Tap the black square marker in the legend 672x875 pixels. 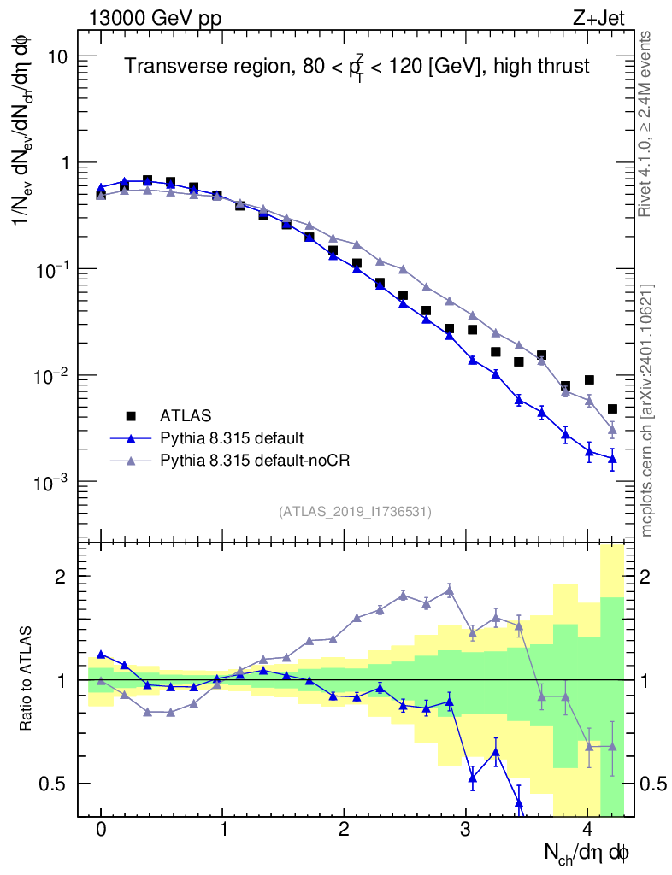point(131,416)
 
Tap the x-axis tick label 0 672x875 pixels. point(101,829)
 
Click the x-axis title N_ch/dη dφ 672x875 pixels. point(587,853)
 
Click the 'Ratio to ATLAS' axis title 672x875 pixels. point(27,679)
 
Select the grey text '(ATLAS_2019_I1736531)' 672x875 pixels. point(354,512)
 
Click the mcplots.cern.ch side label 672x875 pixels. point(647,410)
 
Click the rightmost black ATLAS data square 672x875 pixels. point(612,409)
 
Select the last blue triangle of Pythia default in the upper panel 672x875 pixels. point(612,459)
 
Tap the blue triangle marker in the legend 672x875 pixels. point(131,438)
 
